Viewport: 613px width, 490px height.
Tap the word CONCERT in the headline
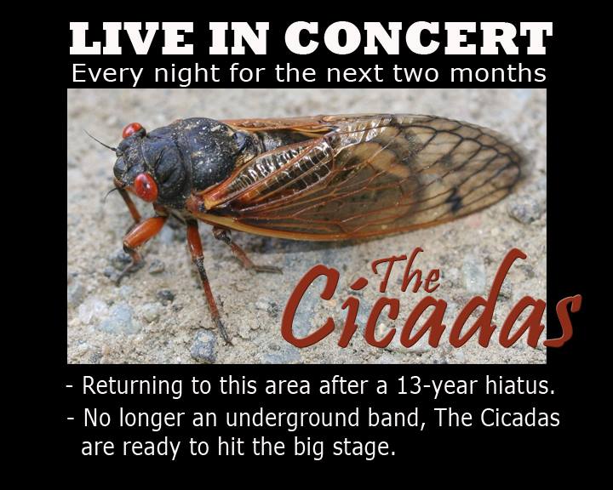(x=418, y=38)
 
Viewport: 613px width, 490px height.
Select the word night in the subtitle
(x=187, y=74)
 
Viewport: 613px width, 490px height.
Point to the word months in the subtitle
(x=498, y=73)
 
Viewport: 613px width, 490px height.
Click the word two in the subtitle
(x=416, y=73)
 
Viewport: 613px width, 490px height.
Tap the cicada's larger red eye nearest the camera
(x=146, y=187)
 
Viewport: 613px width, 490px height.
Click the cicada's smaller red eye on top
(x=133, y=129)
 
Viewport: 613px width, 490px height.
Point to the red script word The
(x=407, y=272)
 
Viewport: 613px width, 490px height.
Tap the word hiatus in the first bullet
(x=520, y=385)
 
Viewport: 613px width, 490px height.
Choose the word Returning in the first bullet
(x=132, y=386)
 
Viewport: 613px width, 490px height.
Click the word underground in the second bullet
(x=292, y=418)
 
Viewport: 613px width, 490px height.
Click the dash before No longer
(x=71, y=419)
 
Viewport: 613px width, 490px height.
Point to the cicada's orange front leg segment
(x=144, y=232)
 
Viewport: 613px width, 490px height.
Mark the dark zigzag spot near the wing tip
(x=455, y=199)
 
